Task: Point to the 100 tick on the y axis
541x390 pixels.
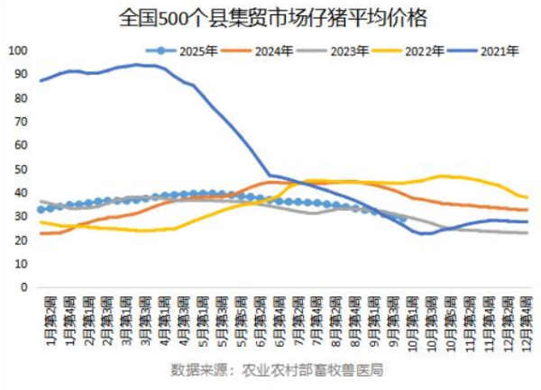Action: click(x=16, y=50)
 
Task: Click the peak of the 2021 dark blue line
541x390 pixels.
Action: click(x=137, y=65)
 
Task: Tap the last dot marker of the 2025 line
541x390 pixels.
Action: click(x=401, y=217)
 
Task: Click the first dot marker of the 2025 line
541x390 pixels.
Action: click(x=41, y=210)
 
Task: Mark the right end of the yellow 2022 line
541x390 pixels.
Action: click(x=527, y=197)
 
